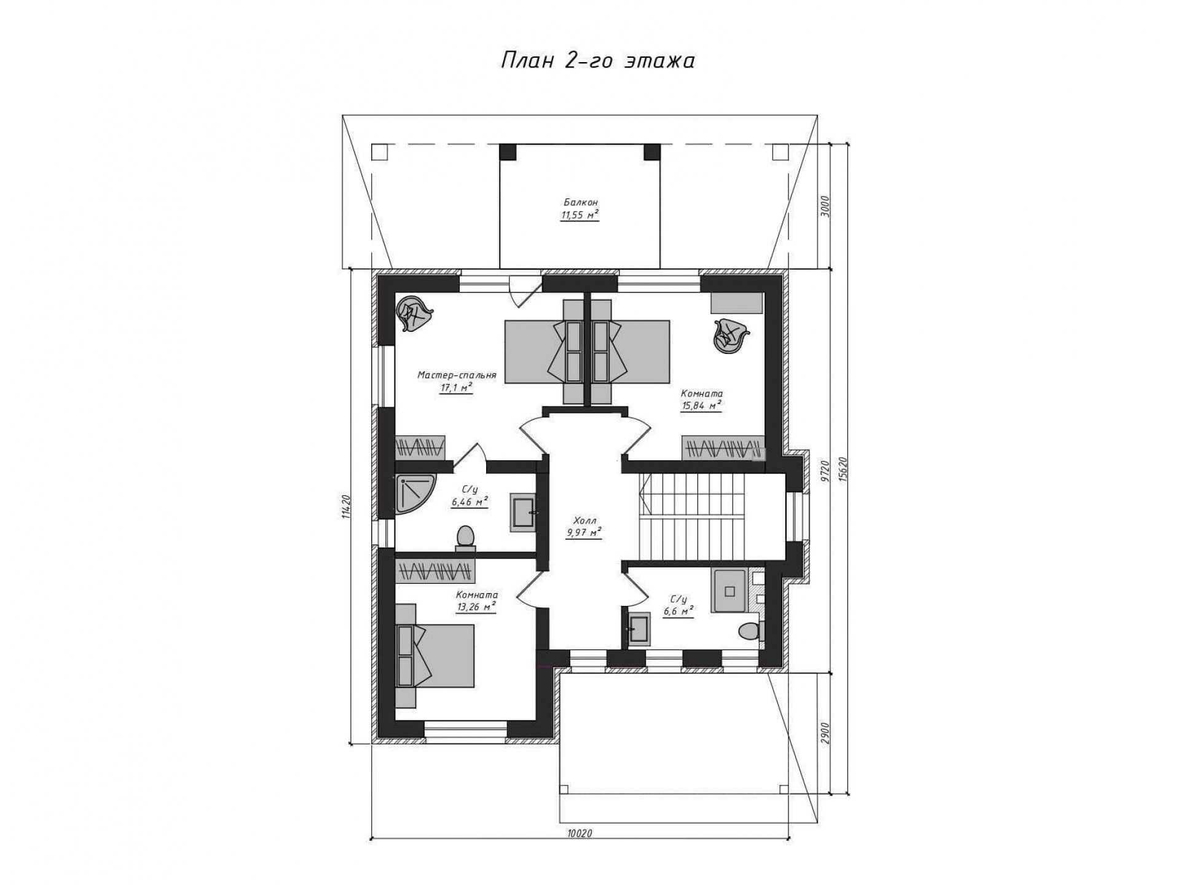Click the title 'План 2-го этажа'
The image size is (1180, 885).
coord(598,61)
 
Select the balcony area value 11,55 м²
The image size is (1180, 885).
coord(580,214)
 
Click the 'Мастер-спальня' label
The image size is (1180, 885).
coord(457,375)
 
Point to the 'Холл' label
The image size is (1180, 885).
coord(583,520)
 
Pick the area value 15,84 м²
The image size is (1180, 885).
coord(701,405)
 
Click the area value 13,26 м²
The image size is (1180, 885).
coord(476,607)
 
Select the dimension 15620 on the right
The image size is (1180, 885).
coord(843,470)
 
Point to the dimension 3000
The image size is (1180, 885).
coord(825,206)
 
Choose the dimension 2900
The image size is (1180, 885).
coord(825,733)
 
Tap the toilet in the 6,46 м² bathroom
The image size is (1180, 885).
coord(465,538)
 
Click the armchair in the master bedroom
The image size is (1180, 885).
coord(414,315)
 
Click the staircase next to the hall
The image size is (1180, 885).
coord(691,517)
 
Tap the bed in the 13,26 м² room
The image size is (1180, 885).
coord(435,655)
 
